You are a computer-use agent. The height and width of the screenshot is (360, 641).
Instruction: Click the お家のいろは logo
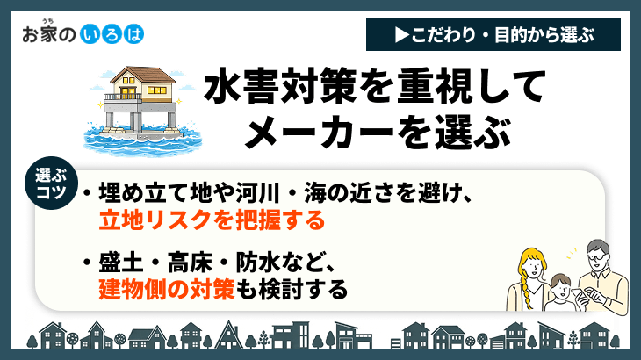[x=81, y=34]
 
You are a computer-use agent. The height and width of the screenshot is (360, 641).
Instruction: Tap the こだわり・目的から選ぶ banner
[x=491, y=35]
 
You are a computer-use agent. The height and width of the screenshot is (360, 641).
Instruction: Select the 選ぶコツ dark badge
[x=50, y=184]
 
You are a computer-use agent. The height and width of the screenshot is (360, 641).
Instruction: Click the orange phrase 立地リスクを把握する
[x=212, y=218]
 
